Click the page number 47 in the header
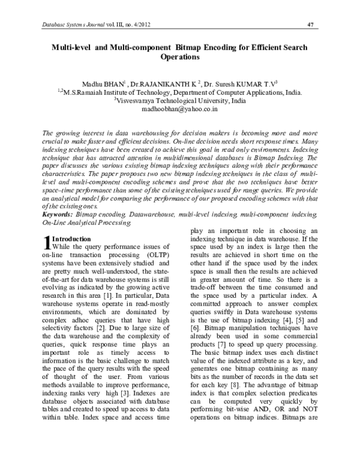point(311,24)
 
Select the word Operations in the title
point(180,58)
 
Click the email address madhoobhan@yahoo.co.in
point(180,110)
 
